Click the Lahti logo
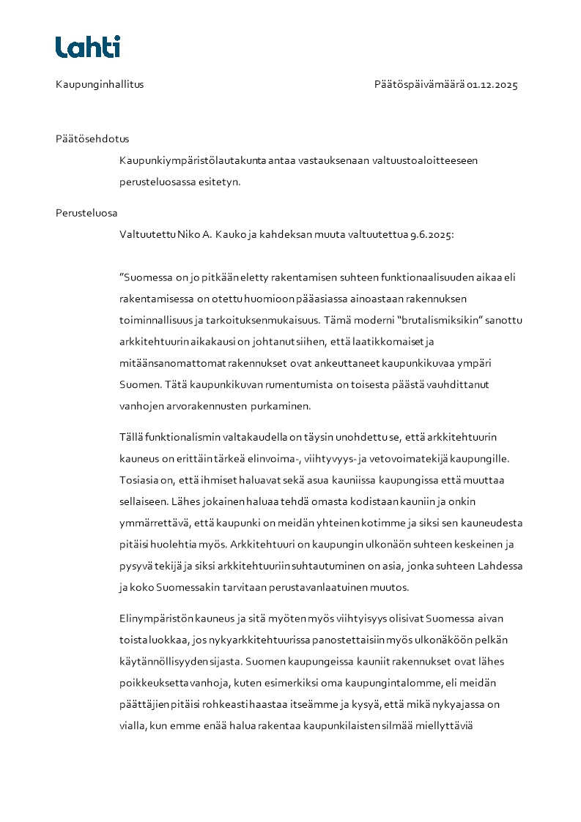[x=88, y=47]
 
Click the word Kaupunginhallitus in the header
[x=100, y=84]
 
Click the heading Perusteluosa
[x=86, y=213]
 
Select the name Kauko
[x=232, y=235]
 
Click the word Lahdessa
[x=499, y=566]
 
